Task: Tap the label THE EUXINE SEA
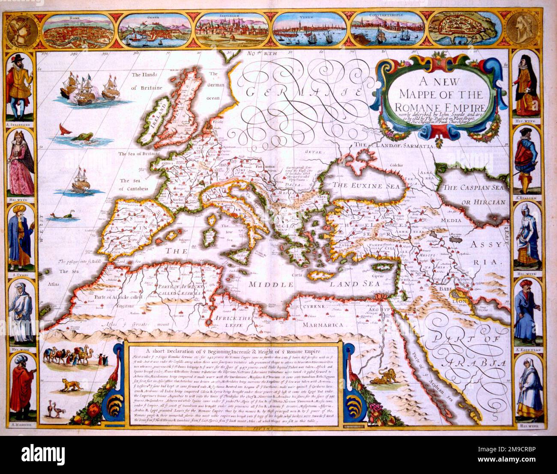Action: [366, 186]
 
